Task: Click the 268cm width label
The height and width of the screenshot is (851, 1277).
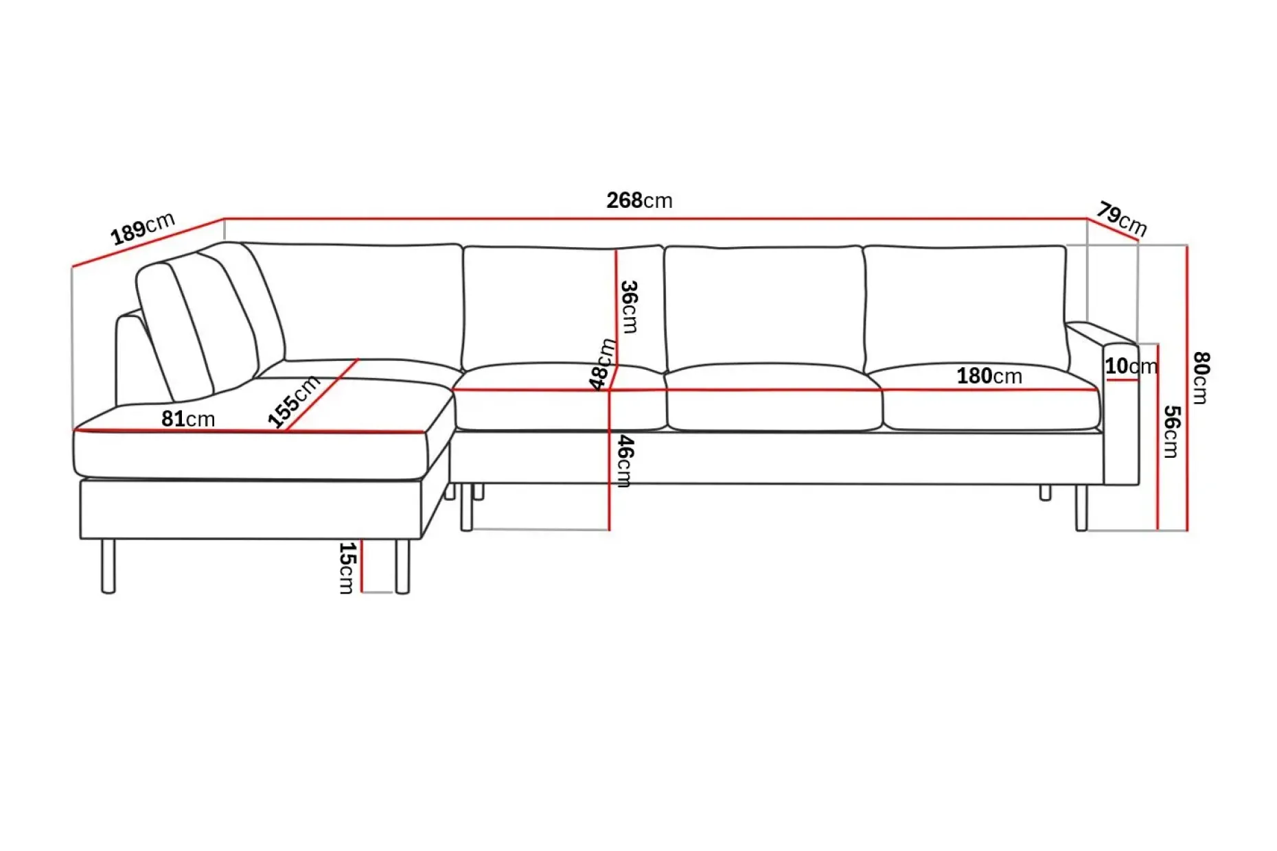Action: tap(639, 200)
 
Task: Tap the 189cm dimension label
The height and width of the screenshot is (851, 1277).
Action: tap(143, 229)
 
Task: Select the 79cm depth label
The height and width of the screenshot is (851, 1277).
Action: tap(1122, 218)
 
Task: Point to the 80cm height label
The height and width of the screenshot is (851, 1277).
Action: tap(1201, 377)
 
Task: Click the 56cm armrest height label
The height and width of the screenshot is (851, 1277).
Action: tap(1171, 432)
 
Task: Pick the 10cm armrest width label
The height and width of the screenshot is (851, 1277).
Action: tap(1131, 366)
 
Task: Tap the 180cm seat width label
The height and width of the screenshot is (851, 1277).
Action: tap(989, 376)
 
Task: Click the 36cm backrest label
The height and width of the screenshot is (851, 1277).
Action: tap(629, 307)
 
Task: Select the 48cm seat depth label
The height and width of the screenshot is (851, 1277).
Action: tap(602, 364)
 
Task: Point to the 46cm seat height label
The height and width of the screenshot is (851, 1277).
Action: tap(625, 461)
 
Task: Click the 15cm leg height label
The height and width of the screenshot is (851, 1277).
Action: tap(347, 568)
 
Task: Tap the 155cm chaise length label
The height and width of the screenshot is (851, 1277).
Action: tap(293, 401)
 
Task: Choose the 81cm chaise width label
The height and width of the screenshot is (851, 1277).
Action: tap(188, 419)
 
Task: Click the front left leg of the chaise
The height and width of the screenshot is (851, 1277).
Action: tap(108, 566)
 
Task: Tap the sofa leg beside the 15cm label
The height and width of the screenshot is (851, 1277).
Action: tap(402, 566)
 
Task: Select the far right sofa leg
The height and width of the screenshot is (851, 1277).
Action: tap(1081, 508)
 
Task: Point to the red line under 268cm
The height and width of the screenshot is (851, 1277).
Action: tap(656, 219)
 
